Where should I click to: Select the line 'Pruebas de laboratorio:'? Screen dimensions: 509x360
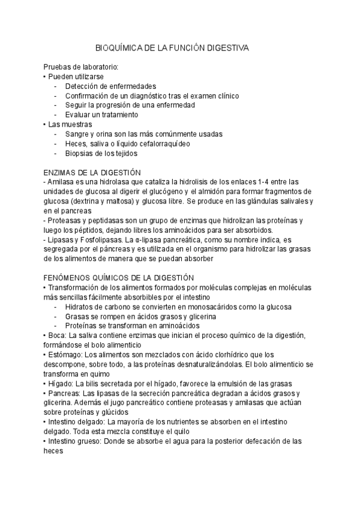pyautogui.click(x=81, y=67)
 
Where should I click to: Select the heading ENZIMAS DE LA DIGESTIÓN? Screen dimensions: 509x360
pyautogui.click(x=92, y=172)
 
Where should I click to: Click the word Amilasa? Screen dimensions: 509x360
pyautogui.click(x=61, y=182)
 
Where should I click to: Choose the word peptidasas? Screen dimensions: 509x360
pyautogui.click(x=106, y=220)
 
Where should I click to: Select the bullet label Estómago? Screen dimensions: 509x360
pyautogui.click(x=65, y=354)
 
